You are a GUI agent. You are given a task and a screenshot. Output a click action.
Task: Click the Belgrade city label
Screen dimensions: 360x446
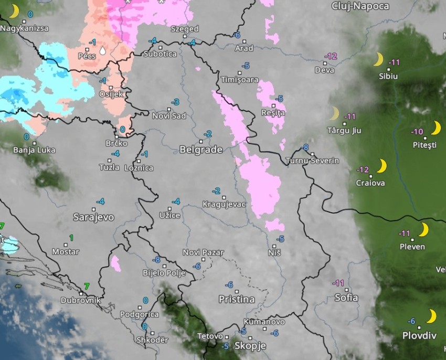pos(201,150)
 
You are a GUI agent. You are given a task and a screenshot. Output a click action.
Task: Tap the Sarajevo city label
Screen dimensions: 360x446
pos(94,217)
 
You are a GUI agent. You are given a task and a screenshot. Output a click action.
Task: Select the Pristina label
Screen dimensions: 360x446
pos(237,300)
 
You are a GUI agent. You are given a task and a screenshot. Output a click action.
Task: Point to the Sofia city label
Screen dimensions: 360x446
pos(346,298)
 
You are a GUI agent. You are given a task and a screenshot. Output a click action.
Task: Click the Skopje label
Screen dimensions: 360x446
pos(250,346)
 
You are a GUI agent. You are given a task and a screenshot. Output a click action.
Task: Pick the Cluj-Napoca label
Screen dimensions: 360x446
pos(360,6)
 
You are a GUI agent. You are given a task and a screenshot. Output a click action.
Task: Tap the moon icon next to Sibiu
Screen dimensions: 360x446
pos(378,59)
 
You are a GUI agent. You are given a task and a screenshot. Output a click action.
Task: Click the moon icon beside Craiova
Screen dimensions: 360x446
pos(381,166)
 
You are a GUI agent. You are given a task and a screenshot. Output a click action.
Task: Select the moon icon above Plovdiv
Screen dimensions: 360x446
pos(431,316)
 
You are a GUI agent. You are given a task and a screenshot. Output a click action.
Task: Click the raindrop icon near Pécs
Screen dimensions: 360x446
pos(102,50)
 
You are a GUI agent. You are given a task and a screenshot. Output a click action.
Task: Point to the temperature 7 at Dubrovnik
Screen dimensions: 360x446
pos(87,286)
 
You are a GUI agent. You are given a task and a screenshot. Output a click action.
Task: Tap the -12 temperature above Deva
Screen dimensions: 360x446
pos(331,56)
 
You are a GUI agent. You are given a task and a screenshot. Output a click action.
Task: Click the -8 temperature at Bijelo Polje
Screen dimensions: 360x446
pos(156,260)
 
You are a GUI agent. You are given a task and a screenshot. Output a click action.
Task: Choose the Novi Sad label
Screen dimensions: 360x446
pos(169,115)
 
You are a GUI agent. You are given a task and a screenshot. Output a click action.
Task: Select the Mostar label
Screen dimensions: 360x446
pos(66,252)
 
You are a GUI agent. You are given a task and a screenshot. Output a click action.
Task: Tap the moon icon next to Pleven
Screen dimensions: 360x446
pos(423,230)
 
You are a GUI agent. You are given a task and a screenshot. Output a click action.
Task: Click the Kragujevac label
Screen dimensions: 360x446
pos(224,204)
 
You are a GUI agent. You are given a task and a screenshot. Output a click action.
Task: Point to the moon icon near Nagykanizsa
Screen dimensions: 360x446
pos(14,11)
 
